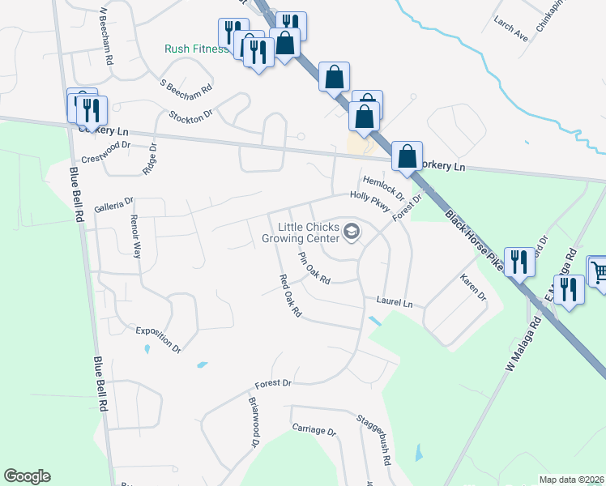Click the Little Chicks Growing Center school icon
[352, 233]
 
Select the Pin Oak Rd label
[314, 269]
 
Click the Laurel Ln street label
[395, 302]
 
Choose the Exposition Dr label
[158, 339]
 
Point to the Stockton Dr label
[190, 114]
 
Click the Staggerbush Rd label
[374, 439]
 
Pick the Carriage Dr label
[314, 430]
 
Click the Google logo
[27, 476]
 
